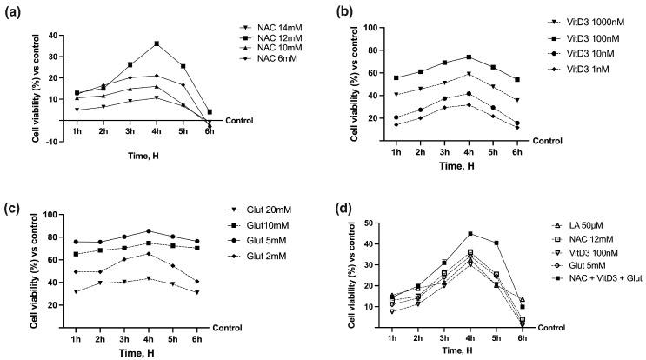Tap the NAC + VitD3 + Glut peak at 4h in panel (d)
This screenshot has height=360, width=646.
point(470,234)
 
